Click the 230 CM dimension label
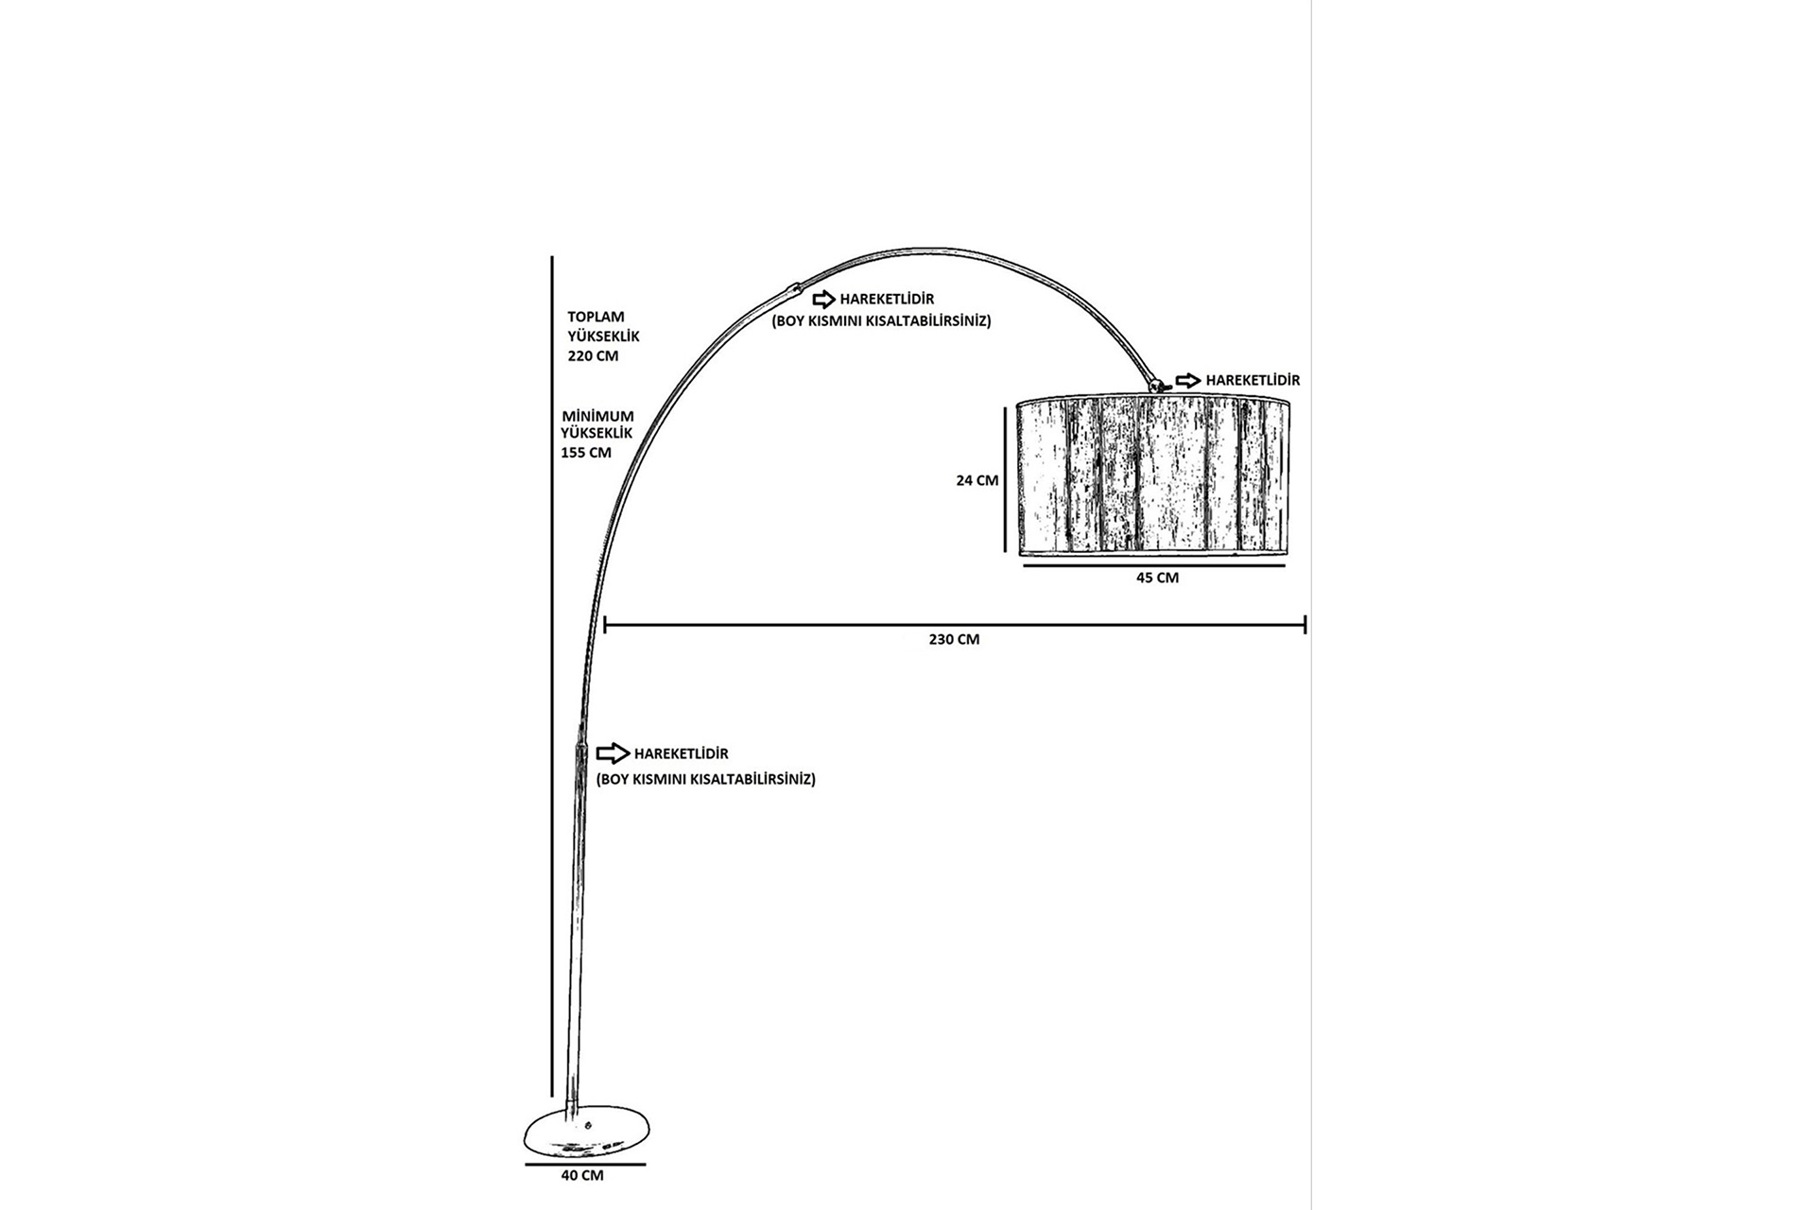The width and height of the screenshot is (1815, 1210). point(954,639)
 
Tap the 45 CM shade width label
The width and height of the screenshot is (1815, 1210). point(1157,578)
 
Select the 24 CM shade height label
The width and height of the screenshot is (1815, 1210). point(977,480)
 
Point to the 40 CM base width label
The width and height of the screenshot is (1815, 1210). point(581,1175)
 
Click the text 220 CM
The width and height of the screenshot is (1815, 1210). point(593,356)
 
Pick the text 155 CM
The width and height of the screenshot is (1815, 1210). point(586,453)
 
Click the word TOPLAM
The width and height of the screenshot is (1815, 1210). point(596,317)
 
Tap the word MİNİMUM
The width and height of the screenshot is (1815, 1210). point(597,416)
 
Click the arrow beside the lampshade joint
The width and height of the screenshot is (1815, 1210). point(1188,380)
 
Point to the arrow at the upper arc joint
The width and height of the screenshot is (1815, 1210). point(823,300)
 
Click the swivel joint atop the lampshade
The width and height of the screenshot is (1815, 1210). point(1155,385)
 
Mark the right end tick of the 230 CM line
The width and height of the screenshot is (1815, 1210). point(1305,624)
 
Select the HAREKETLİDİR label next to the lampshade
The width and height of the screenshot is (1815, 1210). point(1253,380)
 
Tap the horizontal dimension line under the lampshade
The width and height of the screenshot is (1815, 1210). point(1154,564)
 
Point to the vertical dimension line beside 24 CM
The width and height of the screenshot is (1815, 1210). point(1005,478)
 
